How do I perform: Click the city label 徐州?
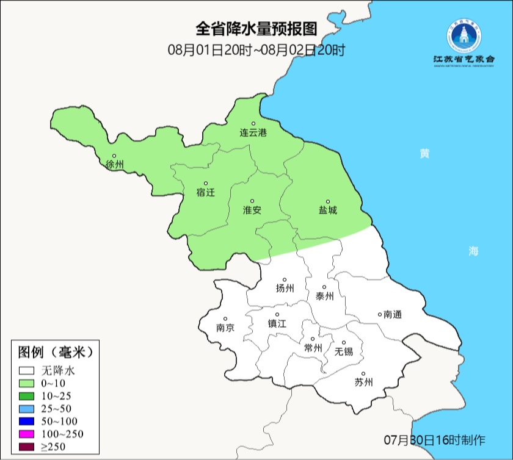(x=114, y=165)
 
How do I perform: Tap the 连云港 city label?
(x=253, y=132)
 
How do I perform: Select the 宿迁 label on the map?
(x=206, y=193)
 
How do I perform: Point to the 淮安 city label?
(x=252, y=210)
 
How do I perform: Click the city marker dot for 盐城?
(x=328, y=201)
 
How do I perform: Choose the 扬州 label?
(x=285, y=289)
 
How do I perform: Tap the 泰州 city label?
(x=325, y=296)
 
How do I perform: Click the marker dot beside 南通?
(x=380, y=314)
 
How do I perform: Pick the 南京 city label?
(x=225, y=327)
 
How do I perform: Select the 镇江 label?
(x=277, y=324)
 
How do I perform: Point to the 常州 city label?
(x=313, y=348)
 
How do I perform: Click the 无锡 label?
(x=343, y=351)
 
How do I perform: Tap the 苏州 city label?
(x=363, y=383)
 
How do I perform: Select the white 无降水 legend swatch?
(x=27, y=370)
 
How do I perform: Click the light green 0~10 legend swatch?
(x=27, y=383)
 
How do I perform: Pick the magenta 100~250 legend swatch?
(x=27, y=434)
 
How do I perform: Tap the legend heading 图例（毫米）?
(x=55, y=353)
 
